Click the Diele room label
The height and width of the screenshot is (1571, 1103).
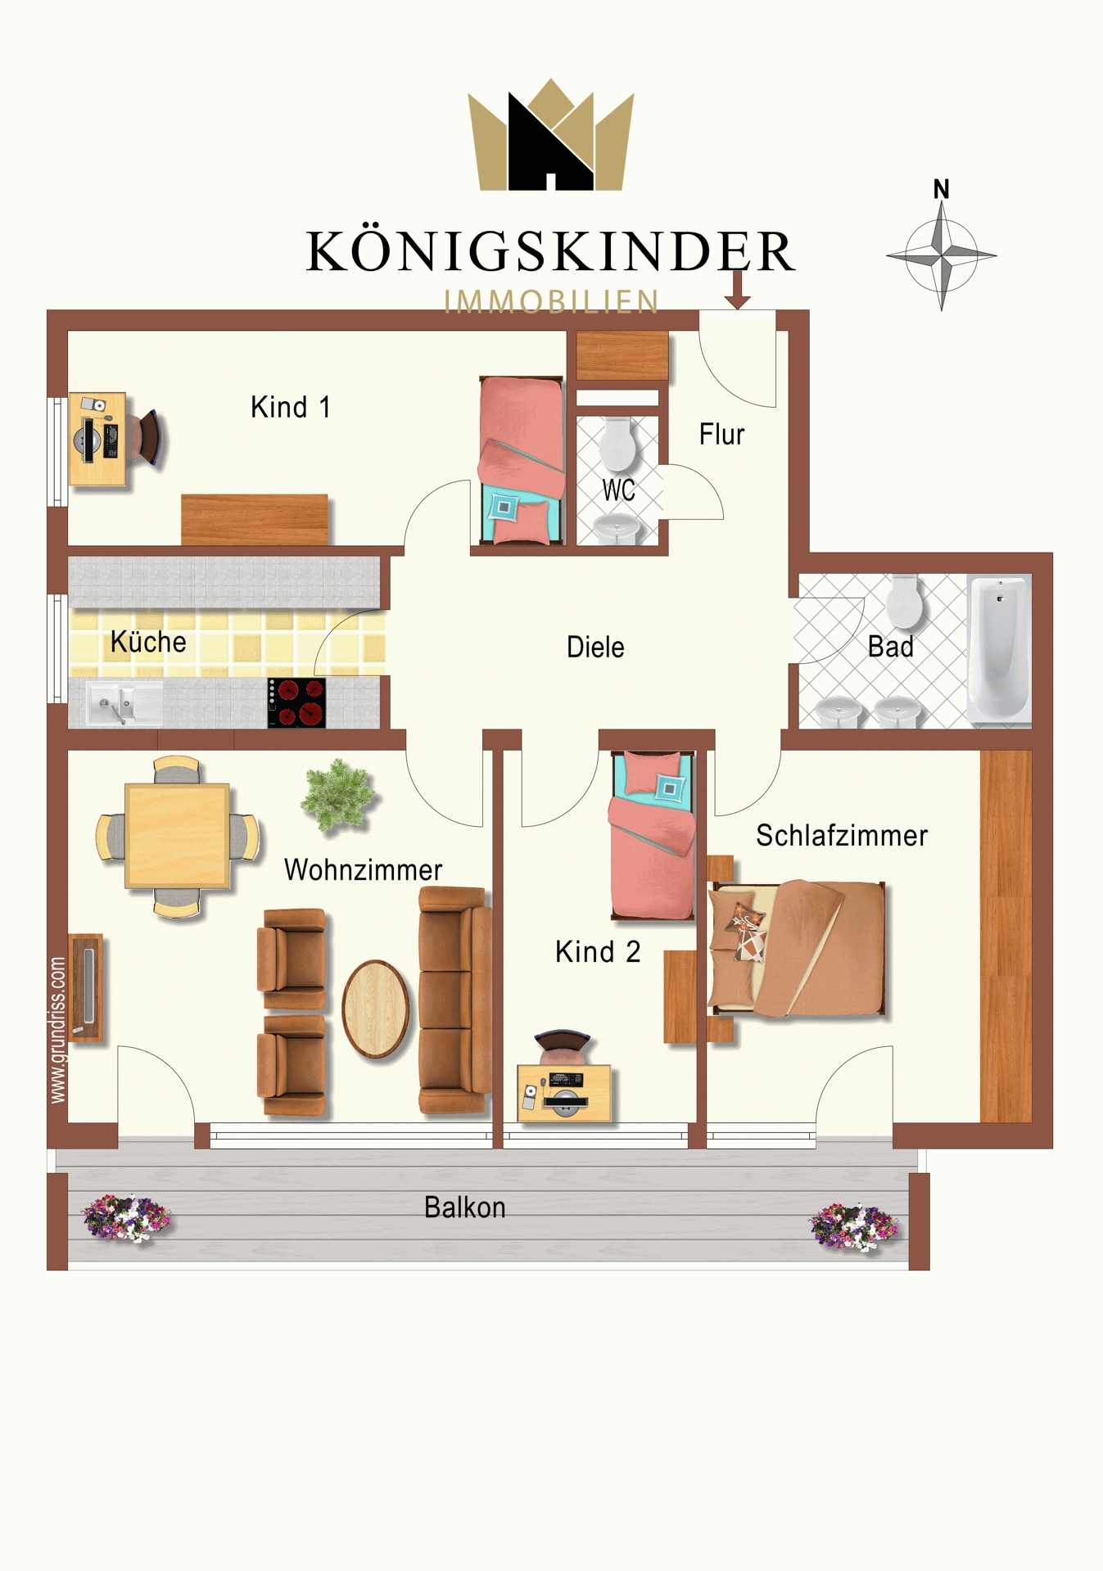point(595,647)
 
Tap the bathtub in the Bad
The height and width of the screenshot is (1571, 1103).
point(998,649)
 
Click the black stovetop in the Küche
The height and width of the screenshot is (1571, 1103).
point(296,703)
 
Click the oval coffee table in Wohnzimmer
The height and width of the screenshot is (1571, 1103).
point(376,1008)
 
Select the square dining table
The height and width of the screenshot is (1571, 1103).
point(177,836)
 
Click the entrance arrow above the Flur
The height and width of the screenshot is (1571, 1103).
point(737,290)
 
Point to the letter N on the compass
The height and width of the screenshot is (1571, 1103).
point(942,189)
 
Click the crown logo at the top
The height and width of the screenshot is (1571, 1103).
point(551,135)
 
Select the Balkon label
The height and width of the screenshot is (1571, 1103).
point(464,1208)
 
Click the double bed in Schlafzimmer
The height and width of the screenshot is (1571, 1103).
point(797,949)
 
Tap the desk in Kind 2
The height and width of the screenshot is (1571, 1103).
point(564,1093)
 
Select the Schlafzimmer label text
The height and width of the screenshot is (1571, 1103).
point(841,836)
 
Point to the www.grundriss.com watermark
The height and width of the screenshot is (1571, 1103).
point(57,1030)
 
